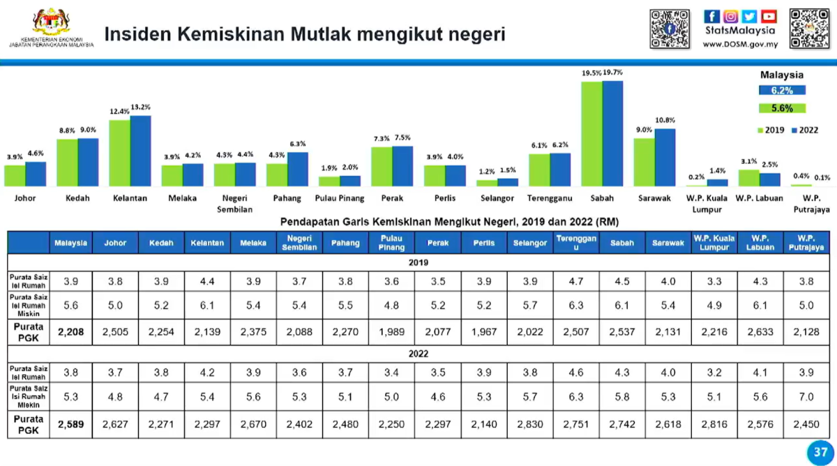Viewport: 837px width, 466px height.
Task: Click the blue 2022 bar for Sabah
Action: [x=612, y=133]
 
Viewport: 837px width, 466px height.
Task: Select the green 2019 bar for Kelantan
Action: [x=119, y=153]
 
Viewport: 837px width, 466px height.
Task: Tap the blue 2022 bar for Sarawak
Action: [x=665, y=157]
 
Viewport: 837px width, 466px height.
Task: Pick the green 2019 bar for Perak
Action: [x=382, y=166]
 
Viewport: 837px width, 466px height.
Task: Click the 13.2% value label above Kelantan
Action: [x=141, y=107]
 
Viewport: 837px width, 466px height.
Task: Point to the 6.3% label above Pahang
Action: [x=298, y=144]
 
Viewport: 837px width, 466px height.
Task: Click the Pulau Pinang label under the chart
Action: [x=340, y=198]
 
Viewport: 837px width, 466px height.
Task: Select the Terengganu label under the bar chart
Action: [x=550, y=198]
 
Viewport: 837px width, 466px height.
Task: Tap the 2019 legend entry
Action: [x=771, y=130]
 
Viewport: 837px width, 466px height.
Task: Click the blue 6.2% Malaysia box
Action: [x=782, y=90]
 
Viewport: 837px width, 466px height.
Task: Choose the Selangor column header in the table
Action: [x=530, y=243]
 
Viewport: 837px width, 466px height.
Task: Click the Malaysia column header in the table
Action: [x=71, y=243]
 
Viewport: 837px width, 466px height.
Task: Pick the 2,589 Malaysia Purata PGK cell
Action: [x=71, y=424]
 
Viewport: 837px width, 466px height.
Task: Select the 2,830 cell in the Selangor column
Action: [x=530, y=424]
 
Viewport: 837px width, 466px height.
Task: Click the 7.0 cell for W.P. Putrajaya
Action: [x=807, y=397]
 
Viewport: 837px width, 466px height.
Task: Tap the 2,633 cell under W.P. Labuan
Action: [x=760, y=332]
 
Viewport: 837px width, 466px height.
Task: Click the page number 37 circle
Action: [x=820, y=452]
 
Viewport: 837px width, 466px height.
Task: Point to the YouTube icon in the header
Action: [x=769, y=16]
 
